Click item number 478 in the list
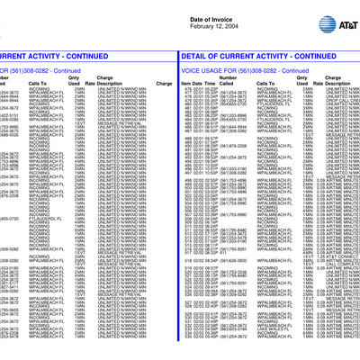[186, 90]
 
